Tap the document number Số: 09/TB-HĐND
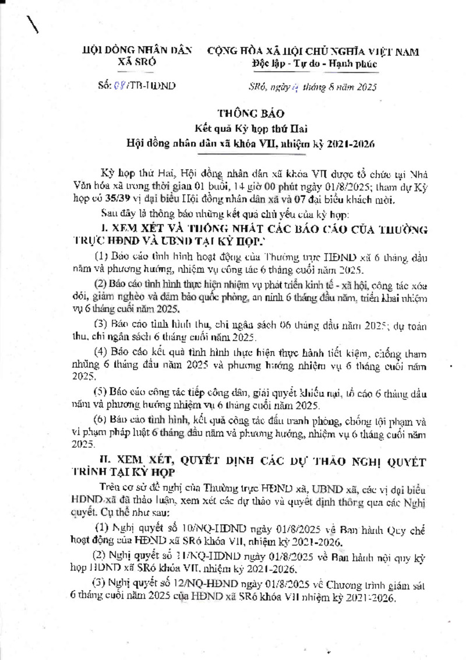(x=132, y=87)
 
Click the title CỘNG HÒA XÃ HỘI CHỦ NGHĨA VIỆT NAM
(x=313, y=52)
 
